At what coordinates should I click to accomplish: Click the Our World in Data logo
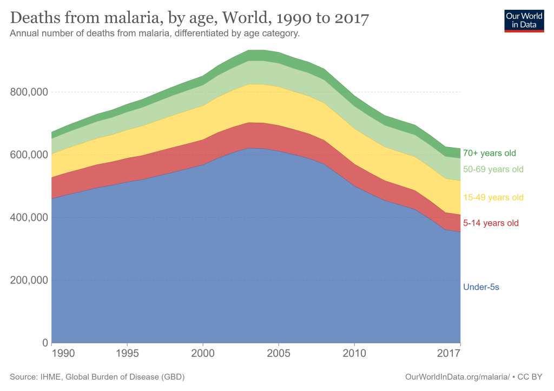524,20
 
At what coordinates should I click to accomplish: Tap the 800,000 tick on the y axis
29,92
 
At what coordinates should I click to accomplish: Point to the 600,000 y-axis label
29,155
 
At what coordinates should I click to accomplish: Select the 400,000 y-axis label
29,217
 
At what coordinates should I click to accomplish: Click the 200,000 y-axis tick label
29,280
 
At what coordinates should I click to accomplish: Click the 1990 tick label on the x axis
64,354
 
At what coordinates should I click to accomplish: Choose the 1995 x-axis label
127,354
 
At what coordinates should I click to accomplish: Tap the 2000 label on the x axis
203,354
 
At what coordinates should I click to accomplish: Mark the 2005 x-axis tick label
279,354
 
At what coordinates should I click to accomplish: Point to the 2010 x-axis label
354,354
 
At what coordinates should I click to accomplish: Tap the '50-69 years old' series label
493,169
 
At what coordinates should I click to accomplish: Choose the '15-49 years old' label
493,197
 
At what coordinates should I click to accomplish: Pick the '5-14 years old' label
491,223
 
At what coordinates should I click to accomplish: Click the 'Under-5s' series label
481,287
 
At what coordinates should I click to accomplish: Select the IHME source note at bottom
101,376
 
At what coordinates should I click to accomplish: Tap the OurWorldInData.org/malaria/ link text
457,376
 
